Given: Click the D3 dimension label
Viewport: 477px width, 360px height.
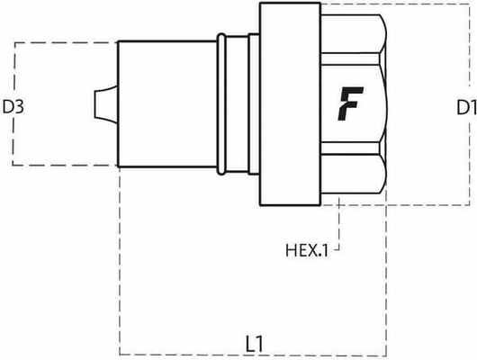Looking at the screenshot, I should pyautogui.click(x=13, y=107).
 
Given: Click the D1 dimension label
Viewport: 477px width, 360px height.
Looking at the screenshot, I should pyautogui.click(x=464, y=107).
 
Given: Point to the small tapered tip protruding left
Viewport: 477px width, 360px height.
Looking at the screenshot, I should pyautogui.click(x=104, y=104).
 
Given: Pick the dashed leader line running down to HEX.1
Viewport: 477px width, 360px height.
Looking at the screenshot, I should pyautogui.click(x=339, y=220).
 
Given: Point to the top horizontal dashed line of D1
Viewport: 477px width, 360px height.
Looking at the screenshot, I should pyautogui.click(x=423, y=4).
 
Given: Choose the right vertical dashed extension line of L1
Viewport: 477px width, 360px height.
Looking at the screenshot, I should pyautogui.click(x=387, y=270).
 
